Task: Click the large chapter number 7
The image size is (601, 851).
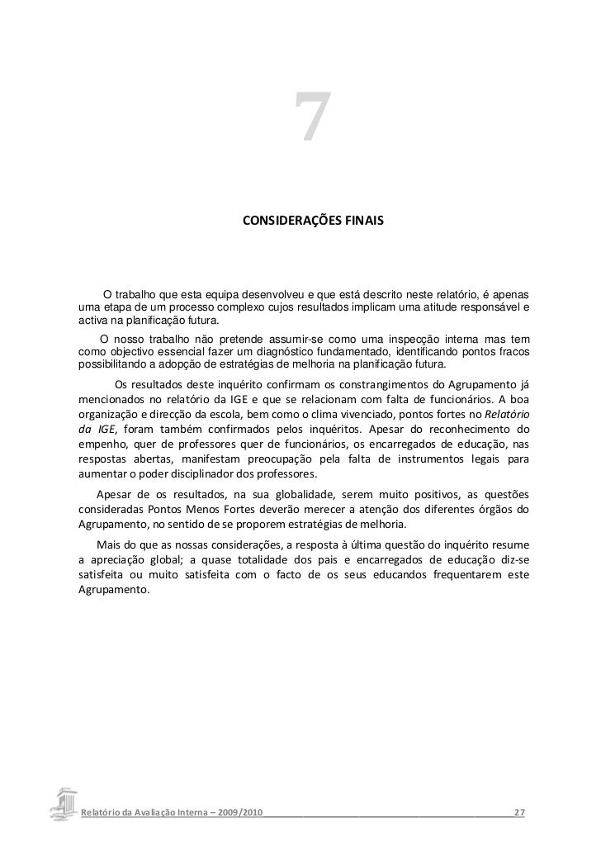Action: (311, 118)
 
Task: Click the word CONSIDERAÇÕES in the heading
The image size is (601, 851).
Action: (284, 223)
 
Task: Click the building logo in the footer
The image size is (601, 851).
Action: (63, 804)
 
